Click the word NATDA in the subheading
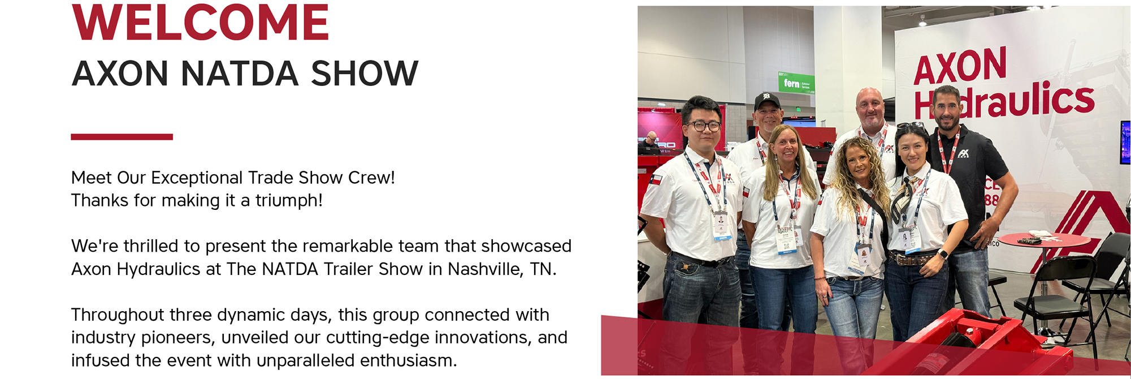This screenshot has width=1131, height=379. [240, 74]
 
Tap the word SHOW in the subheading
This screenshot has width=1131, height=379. [365, 74]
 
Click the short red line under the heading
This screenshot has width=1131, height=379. [122, 137]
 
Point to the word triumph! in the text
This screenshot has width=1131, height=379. [289, 200]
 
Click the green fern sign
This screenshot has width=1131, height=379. [796, 83]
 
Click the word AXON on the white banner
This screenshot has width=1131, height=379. [960, 66]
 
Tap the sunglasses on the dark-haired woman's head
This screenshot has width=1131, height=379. [910, 125]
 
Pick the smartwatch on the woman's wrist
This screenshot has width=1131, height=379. [943, 254]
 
